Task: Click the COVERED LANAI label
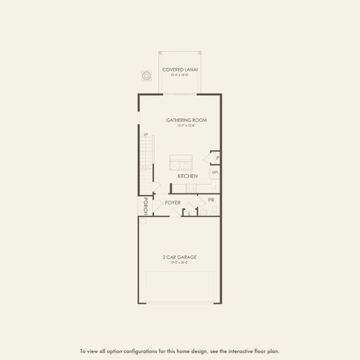click(x=180, y=70)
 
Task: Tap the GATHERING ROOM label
click(x=187, y=120)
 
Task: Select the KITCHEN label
click(x=188, y=176)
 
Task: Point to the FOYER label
click(x=173, y=203)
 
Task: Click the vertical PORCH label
click(x=145, y=206)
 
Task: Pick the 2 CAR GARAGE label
click(x=180, y=257)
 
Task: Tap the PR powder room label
click(x=211, y=199)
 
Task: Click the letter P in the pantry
click(x=217, y=158)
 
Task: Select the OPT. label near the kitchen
click(x=215, y=172)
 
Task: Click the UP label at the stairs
click(x=145, y=134)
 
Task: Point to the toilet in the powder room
click(x=214, y=210)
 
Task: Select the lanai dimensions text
click(x=180, y=76)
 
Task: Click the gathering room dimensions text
click(x=187, y=125)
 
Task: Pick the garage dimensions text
click(x=180, y=263)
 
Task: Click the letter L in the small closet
click(x=190, y=212)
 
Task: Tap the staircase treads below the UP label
click(x=146, y=156)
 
